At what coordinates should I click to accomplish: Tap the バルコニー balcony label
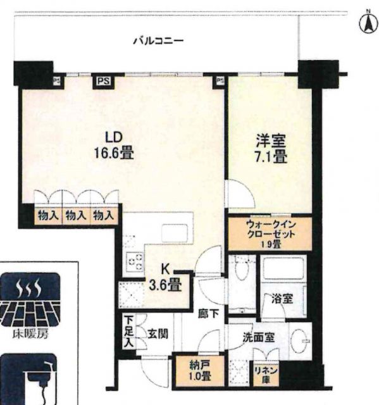tap(158, 41)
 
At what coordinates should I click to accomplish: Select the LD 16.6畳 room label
tap(113, 146)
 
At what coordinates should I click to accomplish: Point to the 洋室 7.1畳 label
tap(271, 149)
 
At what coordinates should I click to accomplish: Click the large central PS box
tap(104, 82)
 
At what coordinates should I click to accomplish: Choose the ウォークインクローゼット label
tap(271, 234)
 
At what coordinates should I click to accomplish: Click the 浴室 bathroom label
tap(282, 299)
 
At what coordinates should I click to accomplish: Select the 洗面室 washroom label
tap(258, 337)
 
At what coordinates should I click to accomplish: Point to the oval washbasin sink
tap(300, 340)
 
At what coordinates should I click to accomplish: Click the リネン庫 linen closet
tap(266, 374)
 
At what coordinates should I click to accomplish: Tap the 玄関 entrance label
tap(158, 335)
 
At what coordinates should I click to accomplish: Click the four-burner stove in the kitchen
tap(135, 261)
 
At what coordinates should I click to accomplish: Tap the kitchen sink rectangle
tap(174, 234)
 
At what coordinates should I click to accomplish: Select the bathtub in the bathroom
tap(283, 268)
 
